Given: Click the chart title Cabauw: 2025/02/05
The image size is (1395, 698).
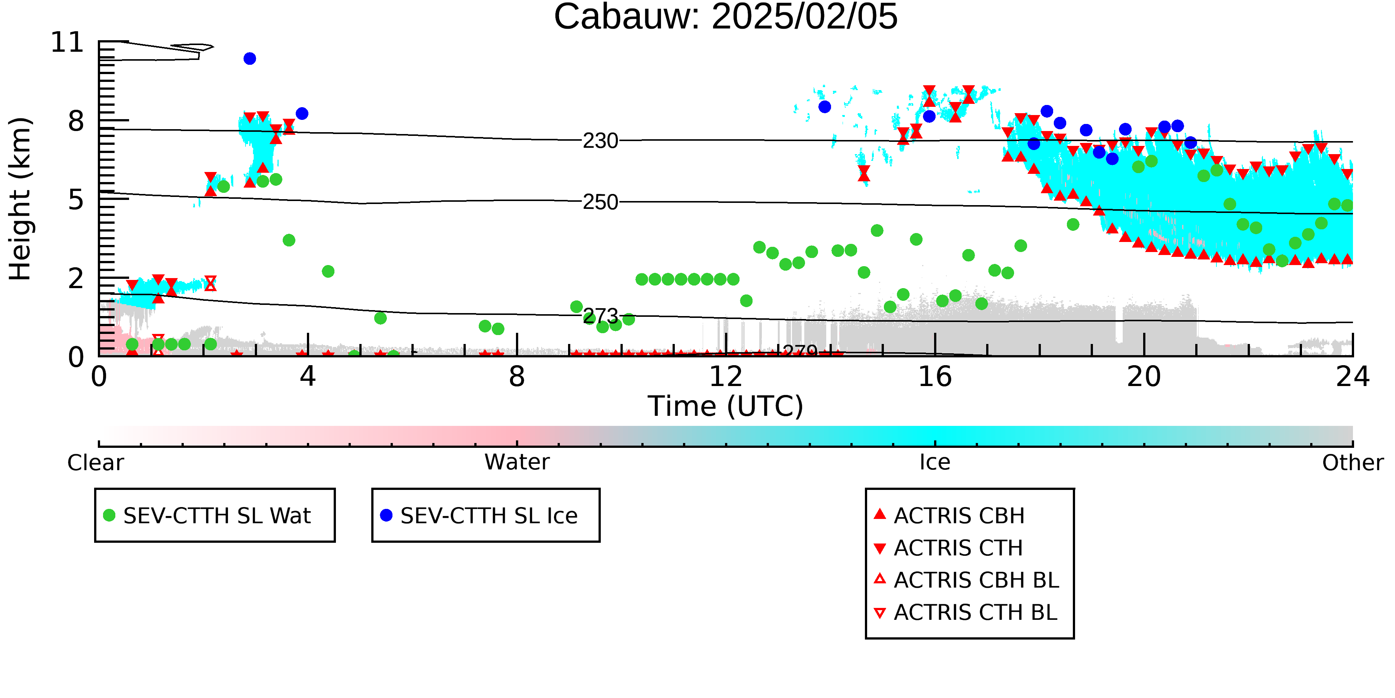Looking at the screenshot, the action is [726, 16].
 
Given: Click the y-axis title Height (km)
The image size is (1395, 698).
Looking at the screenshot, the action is [20, 199].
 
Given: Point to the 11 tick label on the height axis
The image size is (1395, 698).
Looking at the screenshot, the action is [67, 42].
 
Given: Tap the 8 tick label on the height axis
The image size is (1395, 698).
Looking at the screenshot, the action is [76, 121].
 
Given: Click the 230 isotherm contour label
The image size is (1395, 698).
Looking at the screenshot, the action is [600, 141].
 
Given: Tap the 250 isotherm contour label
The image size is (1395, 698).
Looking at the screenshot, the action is [600, 202].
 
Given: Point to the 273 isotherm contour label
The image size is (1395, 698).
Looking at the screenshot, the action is [600, 316].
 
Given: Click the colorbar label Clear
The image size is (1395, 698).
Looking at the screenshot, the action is [95, 463].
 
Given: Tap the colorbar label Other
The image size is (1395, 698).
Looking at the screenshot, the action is [1353, 463].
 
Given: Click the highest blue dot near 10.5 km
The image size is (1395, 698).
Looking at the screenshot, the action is [250, 58].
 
